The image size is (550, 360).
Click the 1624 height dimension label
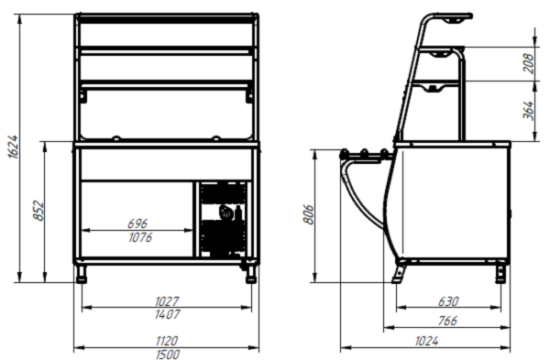point(14,147)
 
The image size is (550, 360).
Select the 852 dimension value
point(38,211)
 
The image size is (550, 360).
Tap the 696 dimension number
point(137,224)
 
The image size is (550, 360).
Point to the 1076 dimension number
point(140,237)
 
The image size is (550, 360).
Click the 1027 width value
point(167,301)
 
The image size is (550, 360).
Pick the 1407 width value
point(167,314)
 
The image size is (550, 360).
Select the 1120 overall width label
point(167,341)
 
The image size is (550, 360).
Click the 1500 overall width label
point(167,355)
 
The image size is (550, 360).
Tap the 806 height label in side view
point(308,214)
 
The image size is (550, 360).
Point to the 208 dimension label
point(528,63)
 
